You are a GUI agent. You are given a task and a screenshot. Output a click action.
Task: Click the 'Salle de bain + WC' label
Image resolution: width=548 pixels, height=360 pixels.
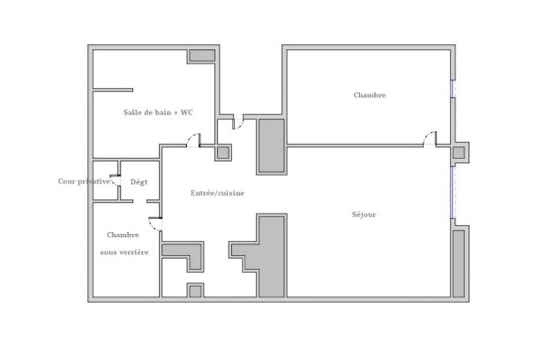[x=158, y=113]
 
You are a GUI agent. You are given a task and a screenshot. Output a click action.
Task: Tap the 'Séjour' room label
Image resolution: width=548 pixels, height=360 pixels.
[x=364, y=214]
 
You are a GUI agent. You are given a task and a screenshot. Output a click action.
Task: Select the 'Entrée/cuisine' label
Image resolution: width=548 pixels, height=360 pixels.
[x=217, y=193]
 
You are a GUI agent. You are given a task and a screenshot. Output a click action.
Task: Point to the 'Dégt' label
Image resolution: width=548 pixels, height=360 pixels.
[x=139, y=182]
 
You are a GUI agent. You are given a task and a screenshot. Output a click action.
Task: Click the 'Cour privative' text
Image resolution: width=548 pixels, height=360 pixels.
[x=84, y=181]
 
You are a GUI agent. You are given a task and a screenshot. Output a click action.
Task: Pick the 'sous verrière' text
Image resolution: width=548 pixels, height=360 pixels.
[x=124, y=252]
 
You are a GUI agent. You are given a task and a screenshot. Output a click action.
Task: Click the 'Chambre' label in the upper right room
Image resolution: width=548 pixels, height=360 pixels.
[x=370, y=95]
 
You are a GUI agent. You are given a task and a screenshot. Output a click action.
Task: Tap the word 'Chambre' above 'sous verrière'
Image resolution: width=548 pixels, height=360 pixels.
[x=123, y=235]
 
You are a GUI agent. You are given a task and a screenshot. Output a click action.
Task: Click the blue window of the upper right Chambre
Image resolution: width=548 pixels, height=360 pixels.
[x=453, y=89]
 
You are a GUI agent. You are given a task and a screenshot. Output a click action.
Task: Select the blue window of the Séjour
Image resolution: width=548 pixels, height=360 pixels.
[x=452, y=192]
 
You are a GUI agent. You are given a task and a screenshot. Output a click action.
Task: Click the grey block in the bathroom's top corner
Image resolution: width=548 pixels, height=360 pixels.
[x=202, y=56]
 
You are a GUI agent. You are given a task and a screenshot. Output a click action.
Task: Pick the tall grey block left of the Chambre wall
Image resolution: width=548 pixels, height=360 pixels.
[x=272, y=146]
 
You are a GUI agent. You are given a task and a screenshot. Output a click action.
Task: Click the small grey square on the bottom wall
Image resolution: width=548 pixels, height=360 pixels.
[x=195, y=291]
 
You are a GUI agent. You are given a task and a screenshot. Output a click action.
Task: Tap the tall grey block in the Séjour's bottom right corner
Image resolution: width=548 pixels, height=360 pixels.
[x=459, y=264]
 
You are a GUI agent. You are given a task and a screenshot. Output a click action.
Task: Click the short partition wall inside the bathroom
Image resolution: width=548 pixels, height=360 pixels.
[x=113, y=90]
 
